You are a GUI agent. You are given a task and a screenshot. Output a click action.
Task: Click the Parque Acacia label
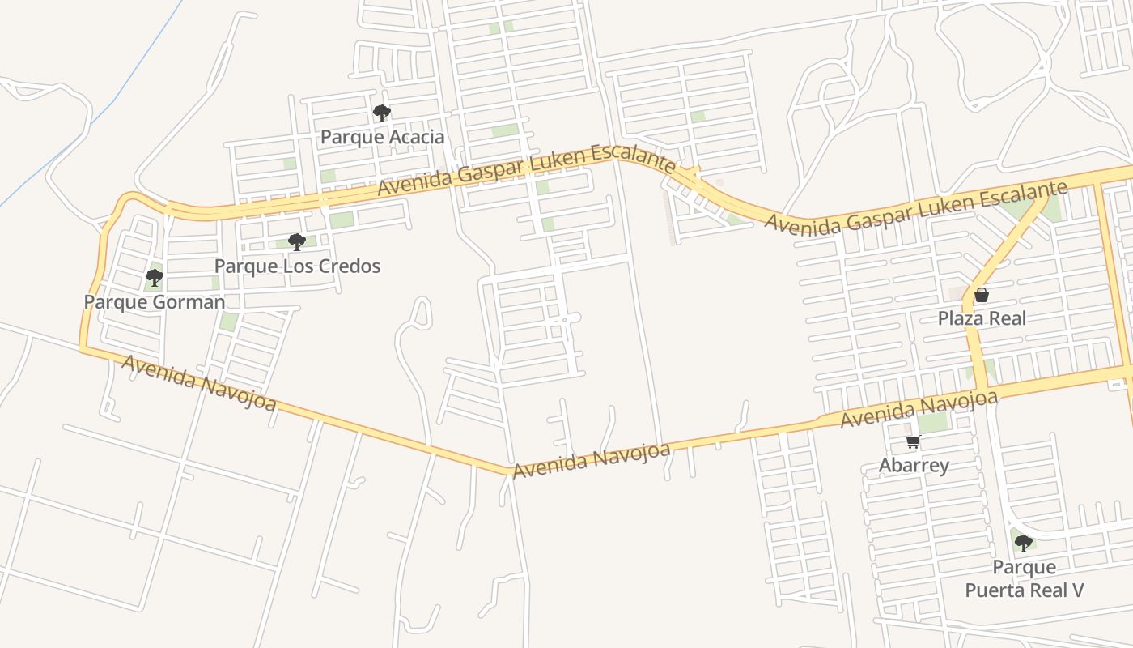pyautogui.click(x=382, y=137)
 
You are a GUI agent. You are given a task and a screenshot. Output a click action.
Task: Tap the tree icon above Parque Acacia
pyautogui.click(x=381, y=113)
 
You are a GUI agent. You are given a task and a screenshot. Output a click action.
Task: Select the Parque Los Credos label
pyautogui.click(x=297, y=266)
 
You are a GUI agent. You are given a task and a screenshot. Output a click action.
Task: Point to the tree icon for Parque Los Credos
pyautogui.click(x=297, y=241)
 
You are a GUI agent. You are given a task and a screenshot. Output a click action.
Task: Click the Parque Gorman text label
pyautogui.click(x=155, y=302)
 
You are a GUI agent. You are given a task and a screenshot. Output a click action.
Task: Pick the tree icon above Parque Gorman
pyautogui.click(x=155, y=279)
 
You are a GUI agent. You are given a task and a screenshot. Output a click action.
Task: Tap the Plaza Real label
pyautogui.click(x=982, y=318)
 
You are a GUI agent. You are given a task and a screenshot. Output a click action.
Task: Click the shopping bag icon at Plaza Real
pyautogui.click(x=982, y=295)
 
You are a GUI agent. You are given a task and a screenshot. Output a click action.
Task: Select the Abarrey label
pyautogui.click(x=914, y=466)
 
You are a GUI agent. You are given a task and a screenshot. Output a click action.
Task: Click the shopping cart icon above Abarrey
pyautogui.click(x=914, y=442)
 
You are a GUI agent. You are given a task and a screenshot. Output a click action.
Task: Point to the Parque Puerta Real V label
pyautogui.click(x=1024, y=578)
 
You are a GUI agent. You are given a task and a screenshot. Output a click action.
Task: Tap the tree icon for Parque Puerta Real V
pyautogui.click(x=1024, y=543)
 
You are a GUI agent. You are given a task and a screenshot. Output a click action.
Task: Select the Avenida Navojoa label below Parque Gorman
pyautogui.click(x=199, y=382)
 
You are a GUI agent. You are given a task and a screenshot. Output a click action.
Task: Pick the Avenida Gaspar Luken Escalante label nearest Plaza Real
pyautogui.click(x=914, y=208)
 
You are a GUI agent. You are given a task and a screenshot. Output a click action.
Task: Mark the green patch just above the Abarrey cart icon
pyautogui.click(x=932, y=422)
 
